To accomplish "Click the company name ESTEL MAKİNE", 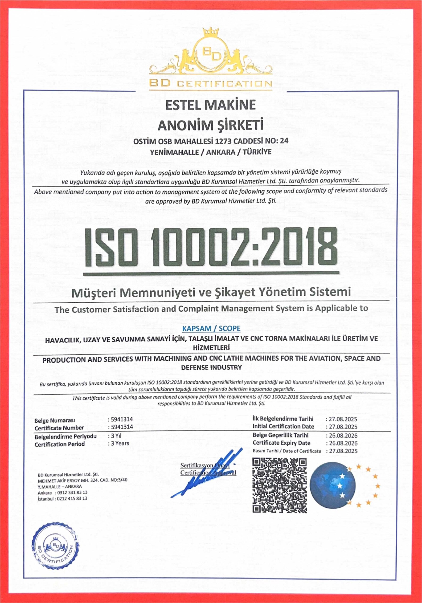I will tap(210, 105).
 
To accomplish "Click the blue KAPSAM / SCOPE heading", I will tap(211, 329).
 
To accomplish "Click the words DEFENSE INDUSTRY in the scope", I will tap(211, 367).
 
